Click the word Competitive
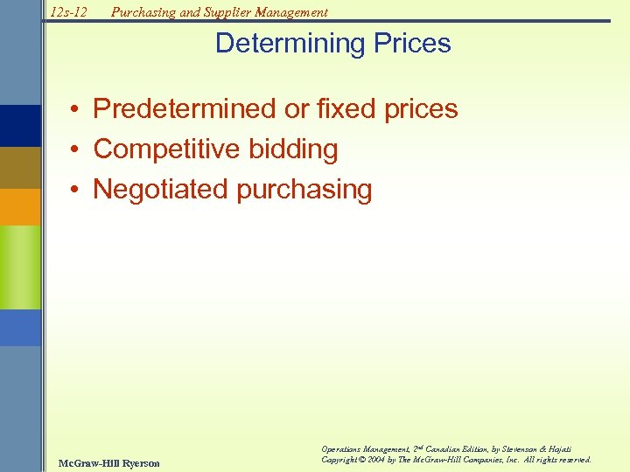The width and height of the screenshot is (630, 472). [x=167, y=149]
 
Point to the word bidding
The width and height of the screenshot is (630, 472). [x=293, y=149]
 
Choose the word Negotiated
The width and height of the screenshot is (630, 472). [x=160, y=189]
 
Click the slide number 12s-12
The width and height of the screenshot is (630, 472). [x=69, y=12]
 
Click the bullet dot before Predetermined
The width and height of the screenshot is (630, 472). [x=78, y=110]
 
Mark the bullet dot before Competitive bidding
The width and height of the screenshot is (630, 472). [x=78, y=150]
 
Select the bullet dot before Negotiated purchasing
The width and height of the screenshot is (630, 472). [x=78, y=190]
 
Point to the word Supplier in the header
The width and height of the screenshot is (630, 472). [x=227, y=12]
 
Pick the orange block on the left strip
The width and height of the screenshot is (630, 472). [x=20, y=207]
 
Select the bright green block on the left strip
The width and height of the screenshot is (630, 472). [x=20, y=267]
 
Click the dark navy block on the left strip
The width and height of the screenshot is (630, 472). [x=20, y=126]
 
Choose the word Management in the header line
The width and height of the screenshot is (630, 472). [x=292, y=12]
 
